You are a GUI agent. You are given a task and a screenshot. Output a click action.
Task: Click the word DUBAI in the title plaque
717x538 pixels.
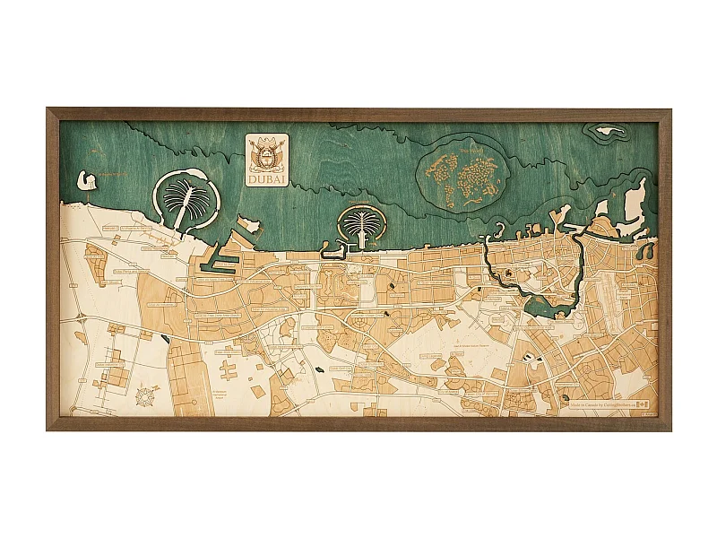(x=267, y=178)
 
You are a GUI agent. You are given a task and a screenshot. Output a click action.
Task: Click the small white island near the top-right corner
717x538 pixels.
(x=610, y=131)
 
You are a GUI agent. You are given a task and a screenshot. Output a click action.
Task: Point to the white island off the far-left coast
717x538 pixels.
(x=88, y=180)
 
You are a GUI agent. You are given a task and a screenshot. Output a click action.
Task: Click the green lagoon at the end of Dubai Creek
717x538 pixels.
(x=547, y=307)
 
